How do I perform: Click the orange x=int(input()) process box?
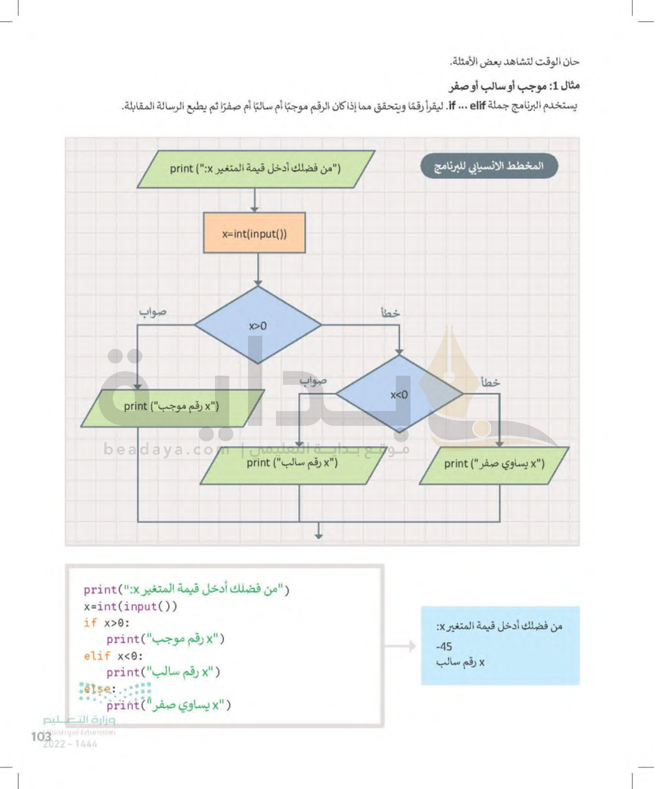click(254, 233)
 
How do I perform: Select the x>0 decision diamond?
click(258, 326)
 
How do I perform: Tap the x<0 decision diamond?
click(399, 395)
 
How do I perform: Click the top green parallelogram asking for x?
click(255, 169)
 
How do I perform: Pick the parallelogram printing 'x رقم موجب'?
click(172, 407)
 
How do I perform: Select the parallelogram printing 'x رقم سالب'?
click(293, 463)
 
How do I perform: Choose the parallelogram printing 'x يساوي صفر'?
click(494, 465)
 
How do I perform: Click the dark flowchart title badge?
click(489, 166)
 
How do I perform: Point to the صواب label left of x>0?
click(153, 312)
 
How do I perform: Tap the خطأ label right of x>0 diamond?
click(390, 313)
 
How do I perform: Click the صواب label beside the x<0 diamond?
click(313, 380)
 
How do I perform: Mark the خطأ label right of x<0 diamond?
click(490, 382)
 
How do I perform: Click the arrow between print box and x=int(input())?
click(254, 200)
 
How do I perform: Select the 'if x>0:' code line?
click(107, 623)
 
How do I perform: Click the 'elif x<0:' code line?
click(113, 656)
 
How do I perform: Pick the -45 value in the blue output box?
click(444, 646)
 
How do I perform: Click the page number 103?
click(41, 737)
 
